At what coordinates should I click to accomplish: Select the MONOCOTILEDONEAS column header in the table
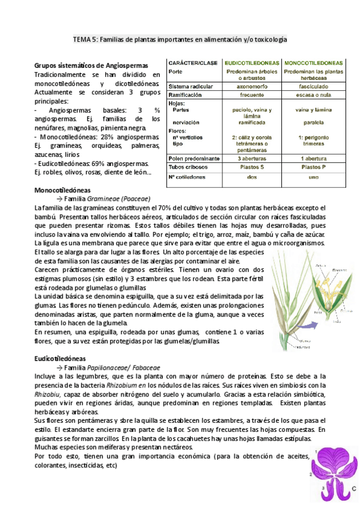314,63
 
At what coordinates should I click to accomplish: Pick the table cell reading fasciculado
314,87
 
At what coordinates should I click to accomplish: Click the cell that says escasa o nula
314,95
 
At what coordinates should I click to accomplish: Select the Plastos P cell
314,167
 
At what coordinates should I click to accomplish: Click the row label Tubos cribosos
188,167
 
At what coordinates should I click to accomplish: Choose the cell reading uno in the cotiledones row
314,177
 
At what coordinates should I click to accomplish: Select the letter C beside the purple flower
354,488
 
